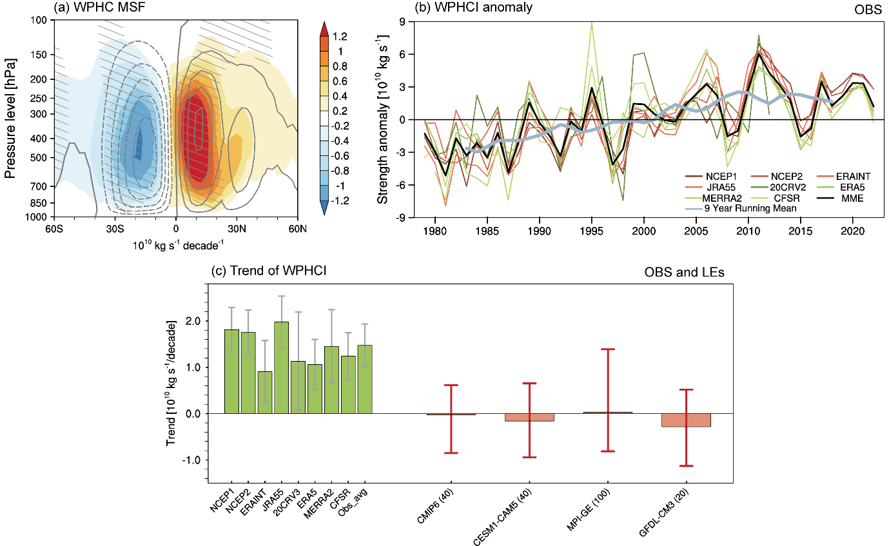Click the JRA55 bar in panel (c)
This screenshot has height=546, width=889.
[282, 367]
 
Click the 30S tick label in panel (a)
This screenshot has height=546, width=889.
[115, 228]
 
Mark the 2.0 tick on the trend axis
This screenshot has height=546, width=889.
[193, 321]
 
